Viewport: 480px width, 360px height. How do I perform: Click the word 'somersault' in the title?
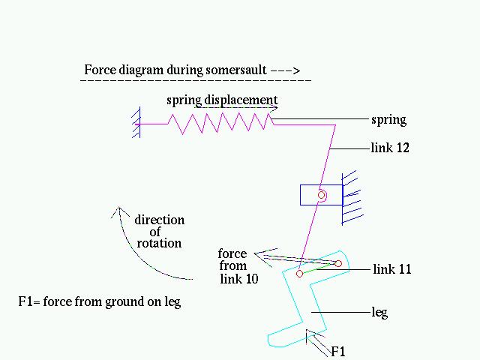pos(236,70)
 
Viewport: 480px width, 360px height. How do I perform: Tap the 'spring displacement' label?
pos(222,100)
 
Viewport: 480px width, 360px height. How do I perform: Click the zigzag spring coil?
pos(221,124)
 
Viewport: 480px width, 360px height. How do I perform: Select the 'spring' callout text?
pos(388,120)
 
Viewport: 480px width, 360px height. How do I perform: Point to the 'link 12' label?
pos(390,148)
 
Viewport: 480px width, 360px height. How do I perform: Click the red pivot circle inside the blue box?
pos(321,195)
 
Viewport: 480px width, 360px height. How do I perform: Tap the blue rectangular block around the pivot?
pos(321,195)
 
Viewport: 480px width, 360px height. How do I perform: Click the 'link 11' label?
pos(392,269)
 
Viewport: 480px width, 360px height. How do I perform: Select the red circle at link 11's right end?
pos(338,263)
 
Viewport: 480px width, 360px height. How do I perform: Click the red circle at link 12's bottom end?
pos(300,274)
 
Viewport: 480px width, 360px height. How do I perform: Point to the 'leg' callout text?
pos(379,313)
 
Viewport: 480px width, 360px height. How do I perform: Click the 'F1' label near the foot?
pos(338,352)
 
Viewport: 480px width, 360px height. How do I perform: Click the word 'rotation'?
pos(159,243)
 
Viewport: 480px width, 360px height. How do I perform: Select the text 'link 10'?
pos(239,279)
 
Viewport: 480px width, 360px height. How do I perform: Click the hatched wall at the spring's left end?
pos(136,123)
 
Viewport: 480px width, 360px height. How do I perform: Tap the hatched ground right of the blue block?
pos(352,198)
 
